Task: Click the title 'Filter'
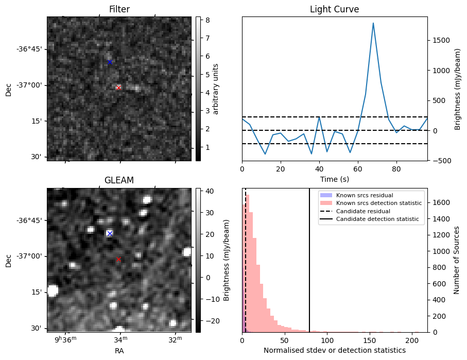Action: (x=119, y=9)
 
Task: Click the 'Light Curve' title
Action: (x=334, y=9)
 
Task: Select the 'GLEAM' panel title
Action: (x=119, y=180)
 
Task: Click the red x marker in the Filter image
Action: (x=118, y=88)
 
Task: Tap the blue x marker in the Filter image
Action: (x=110, y=62)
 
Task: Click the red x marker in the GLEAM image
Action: (x=118, y=259)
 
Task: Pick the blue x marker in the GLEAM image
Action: (x=110, y=233)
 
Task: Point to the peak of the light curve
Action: (x=373, y=23)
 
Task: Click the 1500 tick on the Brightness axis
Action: (x=441, y=41)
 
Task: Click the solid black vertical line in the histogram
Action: (x=309, y=268)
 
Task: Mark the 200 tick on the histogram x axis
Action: (x=412, y=340)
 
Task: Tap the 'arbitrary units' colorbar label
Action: (x=216, y=89)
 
